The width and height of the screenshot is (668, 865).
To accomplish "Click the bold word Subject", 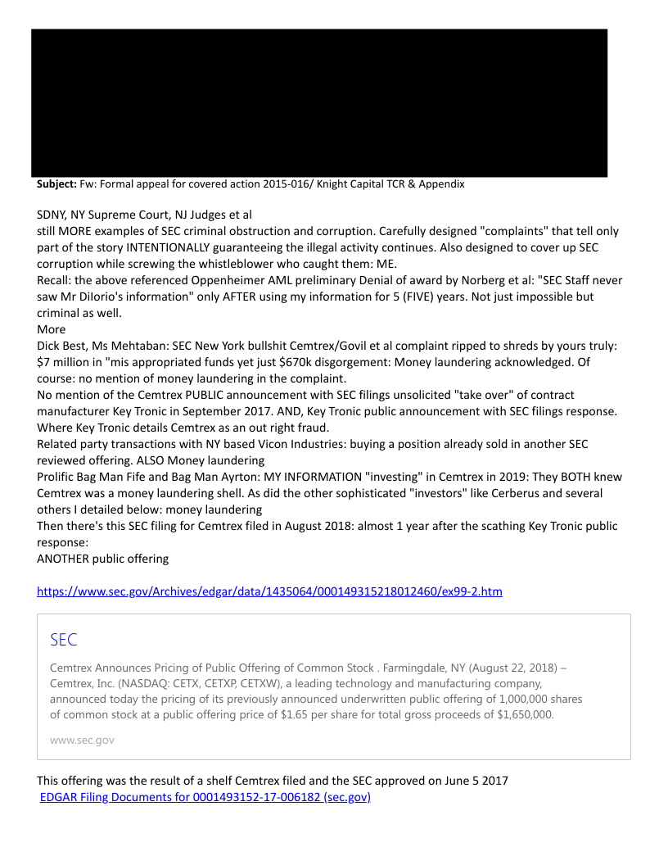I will click(56, 184).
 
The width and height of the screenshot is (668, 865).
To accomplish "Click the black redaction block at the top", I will click(319, 102).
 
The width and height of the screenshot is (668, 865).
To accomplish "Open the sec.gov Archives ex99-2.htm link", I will click(269, 591).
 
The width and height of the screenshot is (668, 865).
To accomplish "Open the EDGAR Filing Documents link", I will click(205, 797).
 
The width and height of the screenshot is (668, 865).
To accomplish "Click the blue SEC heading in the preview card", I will click(64, 640).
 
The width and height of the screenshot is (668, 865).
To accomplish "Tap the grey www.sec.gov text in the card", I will click(82, 740).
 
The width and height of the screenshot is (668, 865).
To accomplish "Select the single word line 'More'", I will click(52, 329).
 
